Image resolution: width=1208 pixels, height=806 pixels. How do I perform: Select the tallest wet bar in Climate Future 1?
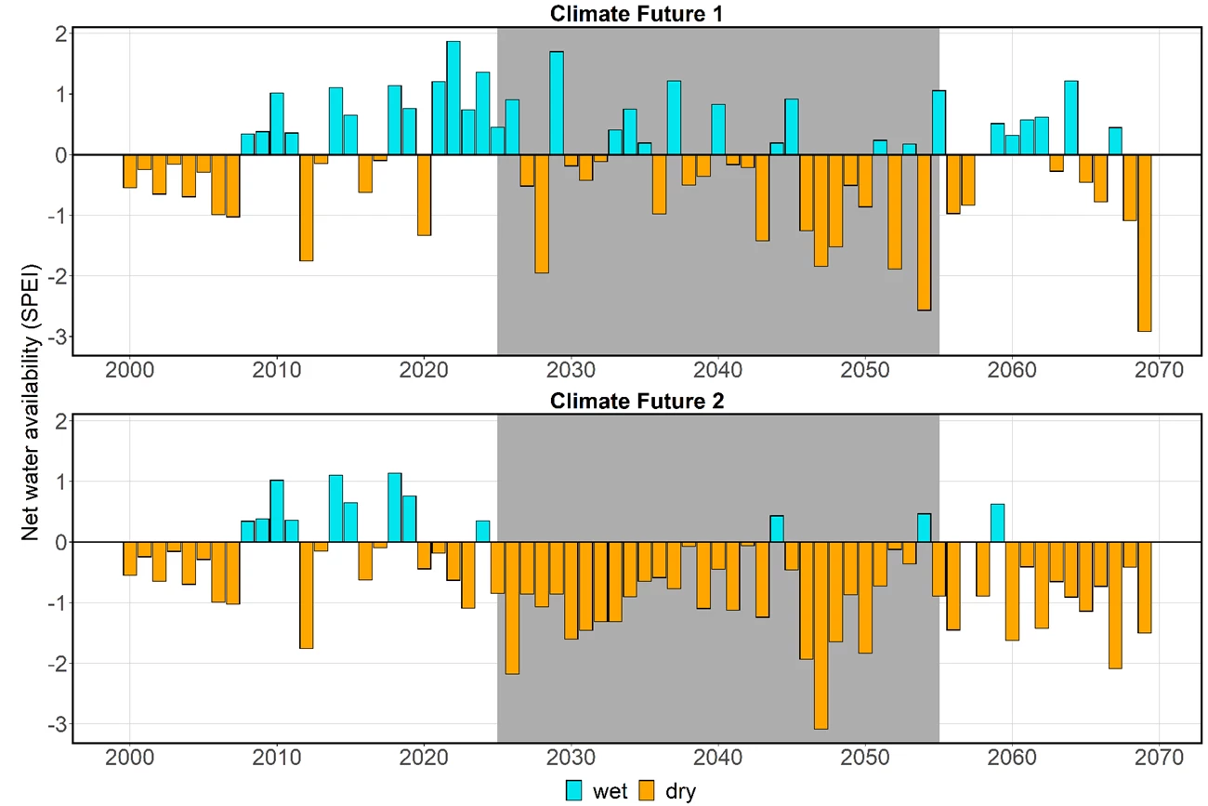(x=453, y=98)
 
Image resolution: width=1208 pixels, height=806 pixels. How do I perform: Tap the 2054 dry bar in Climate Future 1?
(x=924, y=232)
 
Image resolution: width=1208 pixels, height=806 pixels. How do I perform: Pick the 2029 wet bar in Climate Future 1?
(x=557, y=103)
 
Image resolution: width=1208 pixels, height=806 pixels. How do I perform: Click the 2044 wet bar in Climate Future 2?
(x=777, y=529)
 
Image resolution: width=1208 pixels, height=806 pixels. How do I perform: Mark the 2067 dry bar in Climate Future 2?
(x=1115, y=605)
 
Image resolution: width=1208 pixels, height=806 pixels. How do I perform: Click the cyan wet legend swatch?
(x=576, y=791)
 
